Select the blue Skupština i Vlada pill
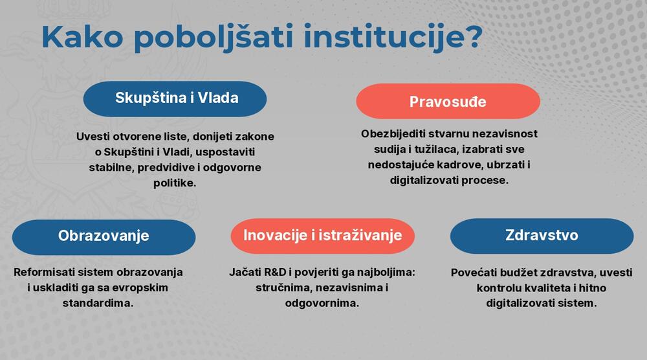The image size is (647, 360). [175, 98]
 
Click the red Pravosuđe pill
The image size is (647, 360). [448, 102]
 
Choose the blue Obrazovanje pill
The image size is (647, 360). [104, 236]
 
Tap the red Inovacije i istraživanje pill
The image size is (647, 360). [322, 236]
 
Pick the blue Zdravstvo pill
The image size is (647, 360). [542, 236]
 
